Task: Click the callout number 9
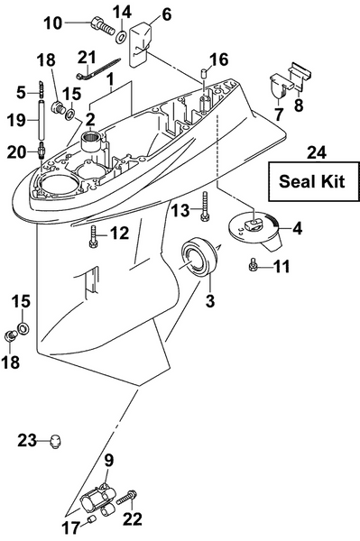click(108, 461)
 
